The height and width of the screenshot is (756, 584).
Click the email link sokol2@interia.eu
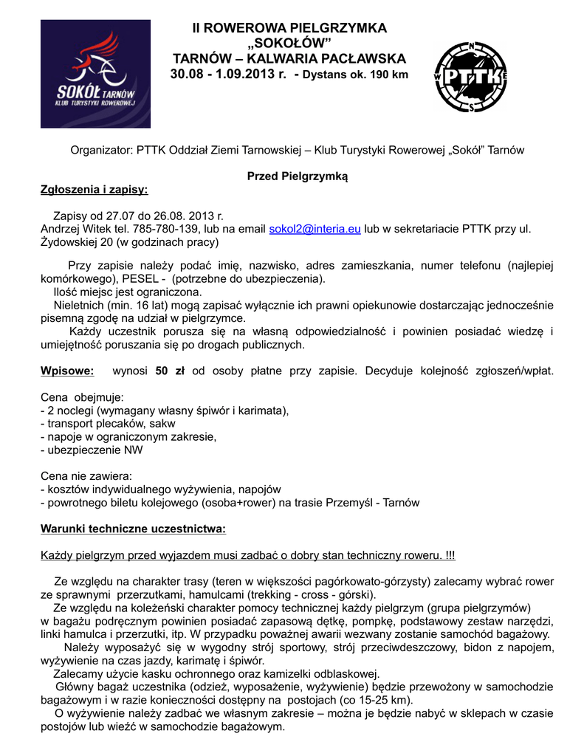tap(315, 230)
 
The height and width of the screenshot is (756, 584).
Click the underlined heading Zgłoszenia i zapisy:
tap(94, 190)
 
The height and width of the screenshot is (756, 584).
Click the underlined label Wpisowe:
tap(67, 370)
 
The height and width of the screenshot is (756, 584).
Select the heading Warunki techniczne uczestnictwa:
tap(133, 529)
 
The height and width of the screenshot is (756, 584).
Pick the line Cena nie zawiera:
tap(85, 476)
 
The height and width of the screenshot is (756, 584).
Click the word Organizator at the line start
tap(101, 150)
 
